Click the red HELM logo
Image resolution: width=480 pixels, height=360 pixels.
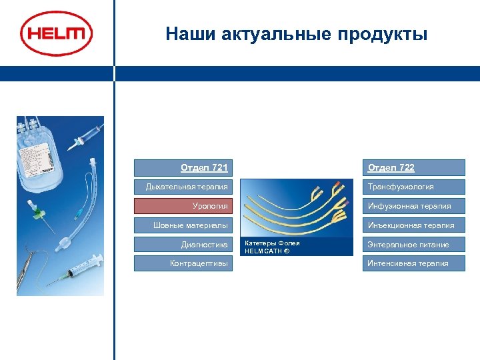pos(56,33)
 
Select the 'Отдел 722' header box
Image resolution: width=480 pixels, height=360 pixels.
pos(413,167)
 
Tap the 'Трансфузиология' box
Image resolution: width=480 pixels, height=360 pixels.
pos(413,187)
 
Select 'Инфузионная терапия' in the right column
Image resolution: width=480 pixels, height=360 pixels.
pos(413,206)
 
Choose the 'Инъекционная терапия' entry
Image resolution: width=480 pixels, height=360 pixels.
pos(413,225)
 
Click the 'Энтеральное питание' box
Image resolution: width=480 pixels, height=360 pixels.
pos(413,245)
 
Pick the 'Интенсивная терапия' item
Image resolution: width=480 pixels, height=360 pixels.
pos(413,263)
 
